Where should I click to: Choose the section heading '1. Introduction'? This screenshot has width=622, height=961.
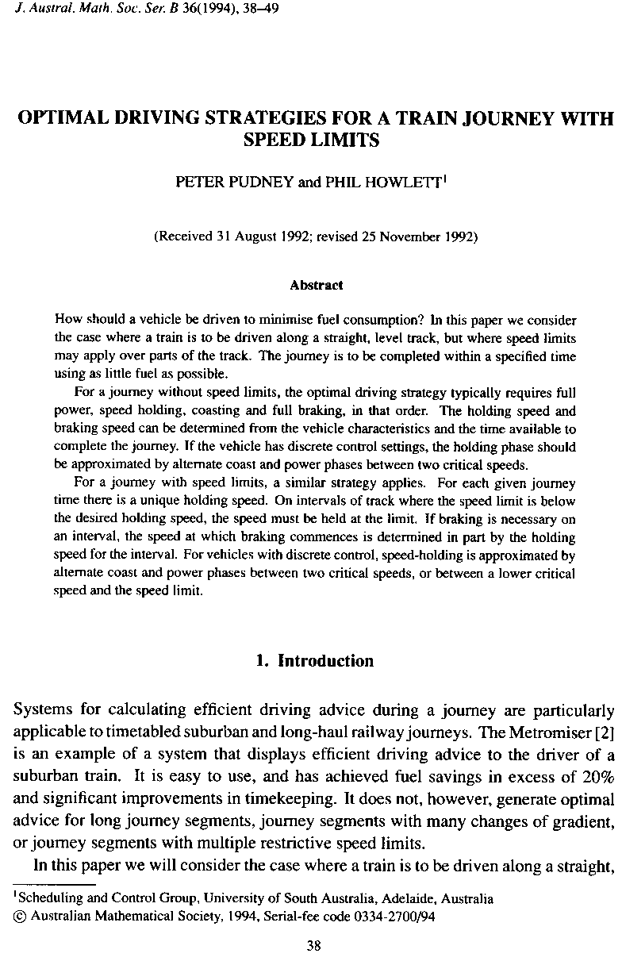[315, 661]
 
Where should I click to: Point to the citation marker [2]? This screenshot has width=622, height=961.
[604, 729]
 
